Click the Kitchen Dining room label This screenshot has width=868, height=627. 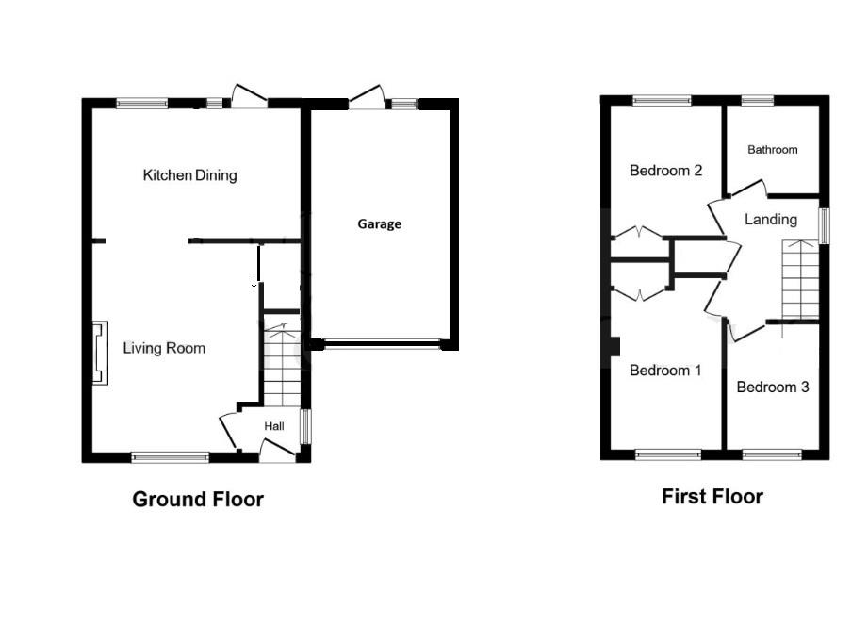pyautogui.click(x=189, y=175)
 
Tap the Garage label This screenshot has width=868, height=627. pyautogui.click(x=379, y=224)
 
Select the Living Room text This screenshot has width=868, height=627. pyautogui.click(x=164, y=348)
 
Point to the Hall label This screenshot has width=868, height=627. pyautogui.click(x=274, y=426)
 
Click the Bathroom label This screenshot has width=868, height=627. pyautogui.click(x=773, y=149)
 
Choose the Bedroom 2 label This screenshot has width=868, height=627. pyautogui.click(x=666, y=171)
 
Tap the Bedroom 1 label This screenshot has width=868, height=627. pyautogui.click(x=665, y=371)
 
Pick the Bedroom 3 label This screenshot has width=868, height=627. pyautogui.click(x=773, y=387)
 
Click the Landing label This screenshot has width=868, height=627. pyautogui.click(x=771, y=220)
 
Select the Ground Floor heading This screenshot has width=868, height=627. pyautogui.click(x=198, y=500)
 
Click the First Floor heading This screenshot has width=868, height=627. pyautogui.click(x=712, y=497)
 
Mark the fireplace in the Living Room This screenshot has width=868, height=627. pyautogui.click(x=97, y=353)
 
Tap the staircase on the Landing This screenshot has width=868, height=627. pyautogui.click(x=800, y=280)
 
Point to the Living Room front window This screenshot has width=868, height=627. pyautogui.click(x=170, y=457)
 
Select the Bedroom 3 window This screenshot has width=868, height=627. pyautogui.click(x=772, y=454)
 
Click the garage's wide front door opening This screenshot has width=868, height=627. pyautogui.click(x=382, y=345)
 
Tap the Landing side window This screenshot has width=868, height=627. pyautogui.click(x=823, y=226)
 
